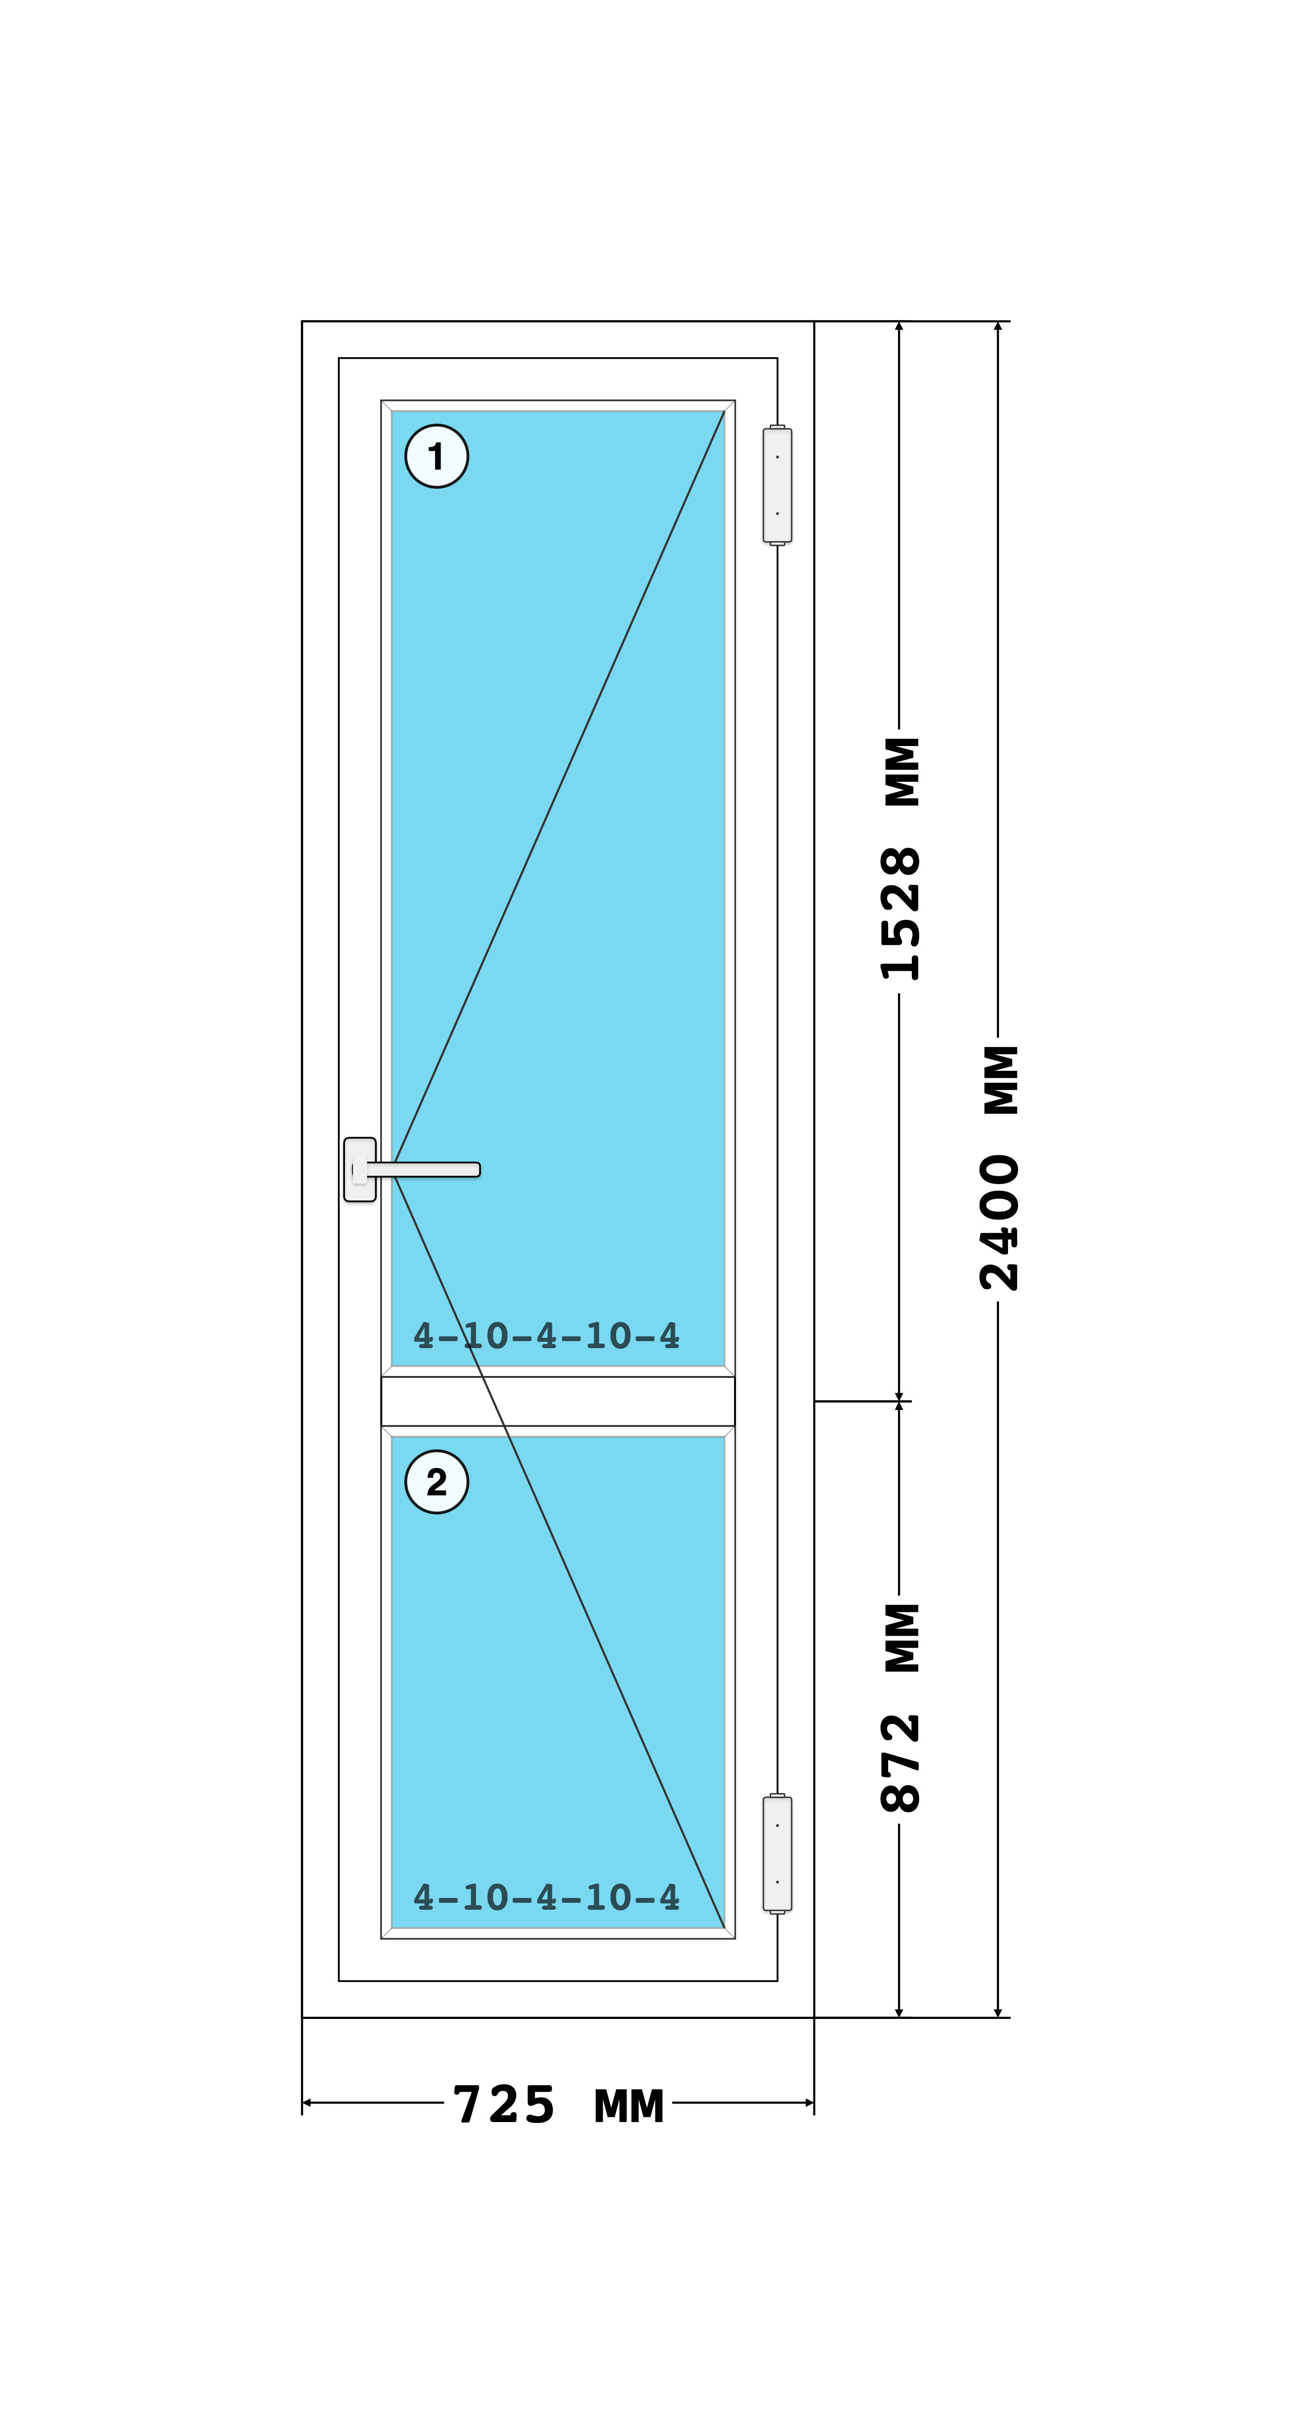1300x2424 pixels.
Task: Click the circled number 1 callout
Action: coord(436,456)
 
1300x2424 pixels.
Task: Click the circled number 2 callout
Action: coord(436,1482)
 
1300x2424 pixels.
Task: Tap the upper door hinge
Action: coord(777,485)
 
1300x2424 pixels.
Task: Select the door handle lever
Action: coord(423,1170)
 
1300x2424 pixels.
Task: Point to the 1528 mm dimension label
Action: coord(900,858)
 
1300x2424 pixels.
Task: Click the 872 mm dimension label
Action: coord(900,1708)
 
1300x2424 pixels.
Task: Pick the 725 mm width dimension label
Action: coord(559,2105)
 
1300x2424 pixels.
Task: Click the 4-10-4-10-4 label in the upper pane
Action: coord(546,1335)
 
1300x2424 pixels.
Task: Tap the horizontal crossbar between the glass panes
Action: coord(558,1401)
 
